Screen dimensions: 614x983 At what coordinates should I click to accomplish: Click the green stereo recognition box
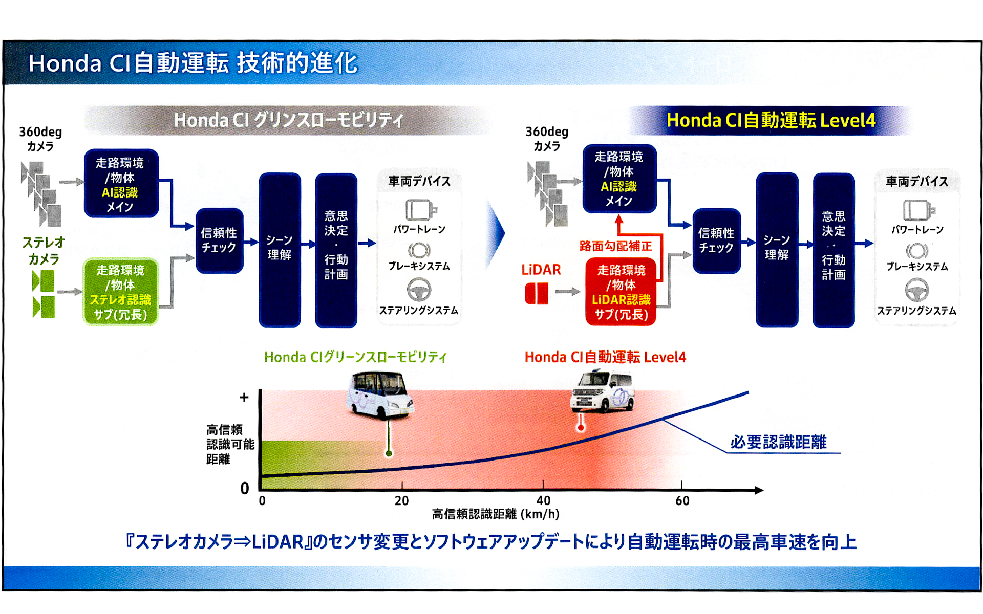(x=121, y=292)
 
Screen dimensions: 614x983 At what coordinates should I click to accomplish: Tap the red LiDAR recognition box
(x=621, y=292)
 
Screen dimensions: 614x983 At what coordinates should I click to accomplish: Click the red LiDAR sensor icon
(x=537, y=294)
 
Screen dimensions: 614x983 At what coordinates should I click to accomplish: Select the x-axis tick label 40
(x=543, y=500)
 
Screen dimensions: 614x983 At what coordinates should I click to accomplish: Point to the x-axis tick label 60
(x=682, y=500)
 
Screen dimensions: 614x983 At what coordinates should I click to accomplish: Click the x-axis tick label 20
(x=402, y=500)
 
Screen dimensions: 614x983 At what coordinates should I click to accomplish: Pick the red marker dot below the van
(x=581, y=428)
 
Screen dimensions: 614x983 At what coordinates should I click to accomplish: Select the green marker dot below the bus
(x=389, y=453)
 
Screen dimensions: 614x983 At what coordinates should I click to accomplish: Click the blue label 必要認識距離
(x=778, y=442)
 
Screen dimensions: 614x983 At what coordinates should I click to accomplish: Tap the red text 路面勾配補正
(x=615, y=246)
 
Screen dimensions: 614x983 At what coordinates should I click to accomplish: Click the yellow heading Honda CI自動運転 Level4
(x=771, y=120)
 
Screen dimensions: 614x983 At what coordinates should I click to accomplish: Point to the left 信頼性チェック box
(x=219, y=240)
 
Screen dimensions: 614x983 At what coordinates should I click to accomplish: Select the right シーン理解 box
(x=777, y=249)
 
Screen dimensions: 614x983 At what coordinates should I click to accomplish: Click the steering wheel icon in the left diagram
(x=419, y=290)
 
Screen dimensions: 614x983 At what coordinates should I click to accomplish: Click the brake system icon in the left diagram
(x=419, y=250)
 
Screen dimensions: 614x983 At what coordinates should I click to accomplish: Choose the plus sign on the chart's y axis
(x=244, y=397)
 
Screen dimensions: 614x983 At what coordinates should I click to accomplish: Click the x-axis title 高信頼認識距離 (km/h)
(x=495, y=514)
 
